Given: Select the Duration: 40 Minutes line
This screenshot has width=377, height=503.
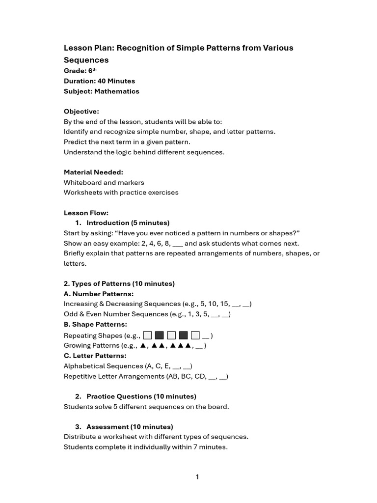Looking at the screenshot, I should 99,81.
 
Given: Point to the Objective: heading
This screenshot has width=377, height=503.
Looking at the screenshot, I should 81,112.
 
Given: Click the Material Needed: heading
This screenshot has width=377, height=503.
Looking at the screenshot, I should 93,172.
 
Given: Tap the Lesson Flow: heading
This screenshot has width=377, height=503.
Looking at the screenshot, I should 86,213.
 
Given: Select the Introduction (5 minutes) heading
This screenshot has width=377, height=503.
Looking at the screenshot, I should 128,223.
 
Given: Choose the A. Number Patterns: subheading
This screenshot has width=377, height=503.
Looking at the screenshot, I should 99,294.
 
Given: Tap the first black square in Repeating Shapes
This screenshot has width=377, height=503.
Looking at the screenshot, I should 159,335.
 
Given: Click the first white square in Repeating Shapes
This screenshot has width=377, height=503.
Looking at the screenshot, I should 147,335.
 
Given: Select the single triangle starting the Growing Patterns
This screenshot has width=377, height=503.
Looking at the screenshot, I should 143,345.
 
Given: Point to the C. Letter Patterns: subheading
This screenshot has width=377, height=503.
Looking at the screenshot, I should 95,356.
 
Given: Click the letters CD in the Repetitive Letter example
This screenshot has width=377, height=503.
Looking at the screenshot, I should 199,376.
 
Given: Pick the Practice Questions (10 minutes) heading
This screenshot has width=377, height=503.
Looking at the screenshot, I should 141,396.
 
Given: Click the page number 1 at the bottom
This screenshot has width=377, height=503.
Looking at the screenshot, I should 197,477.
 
